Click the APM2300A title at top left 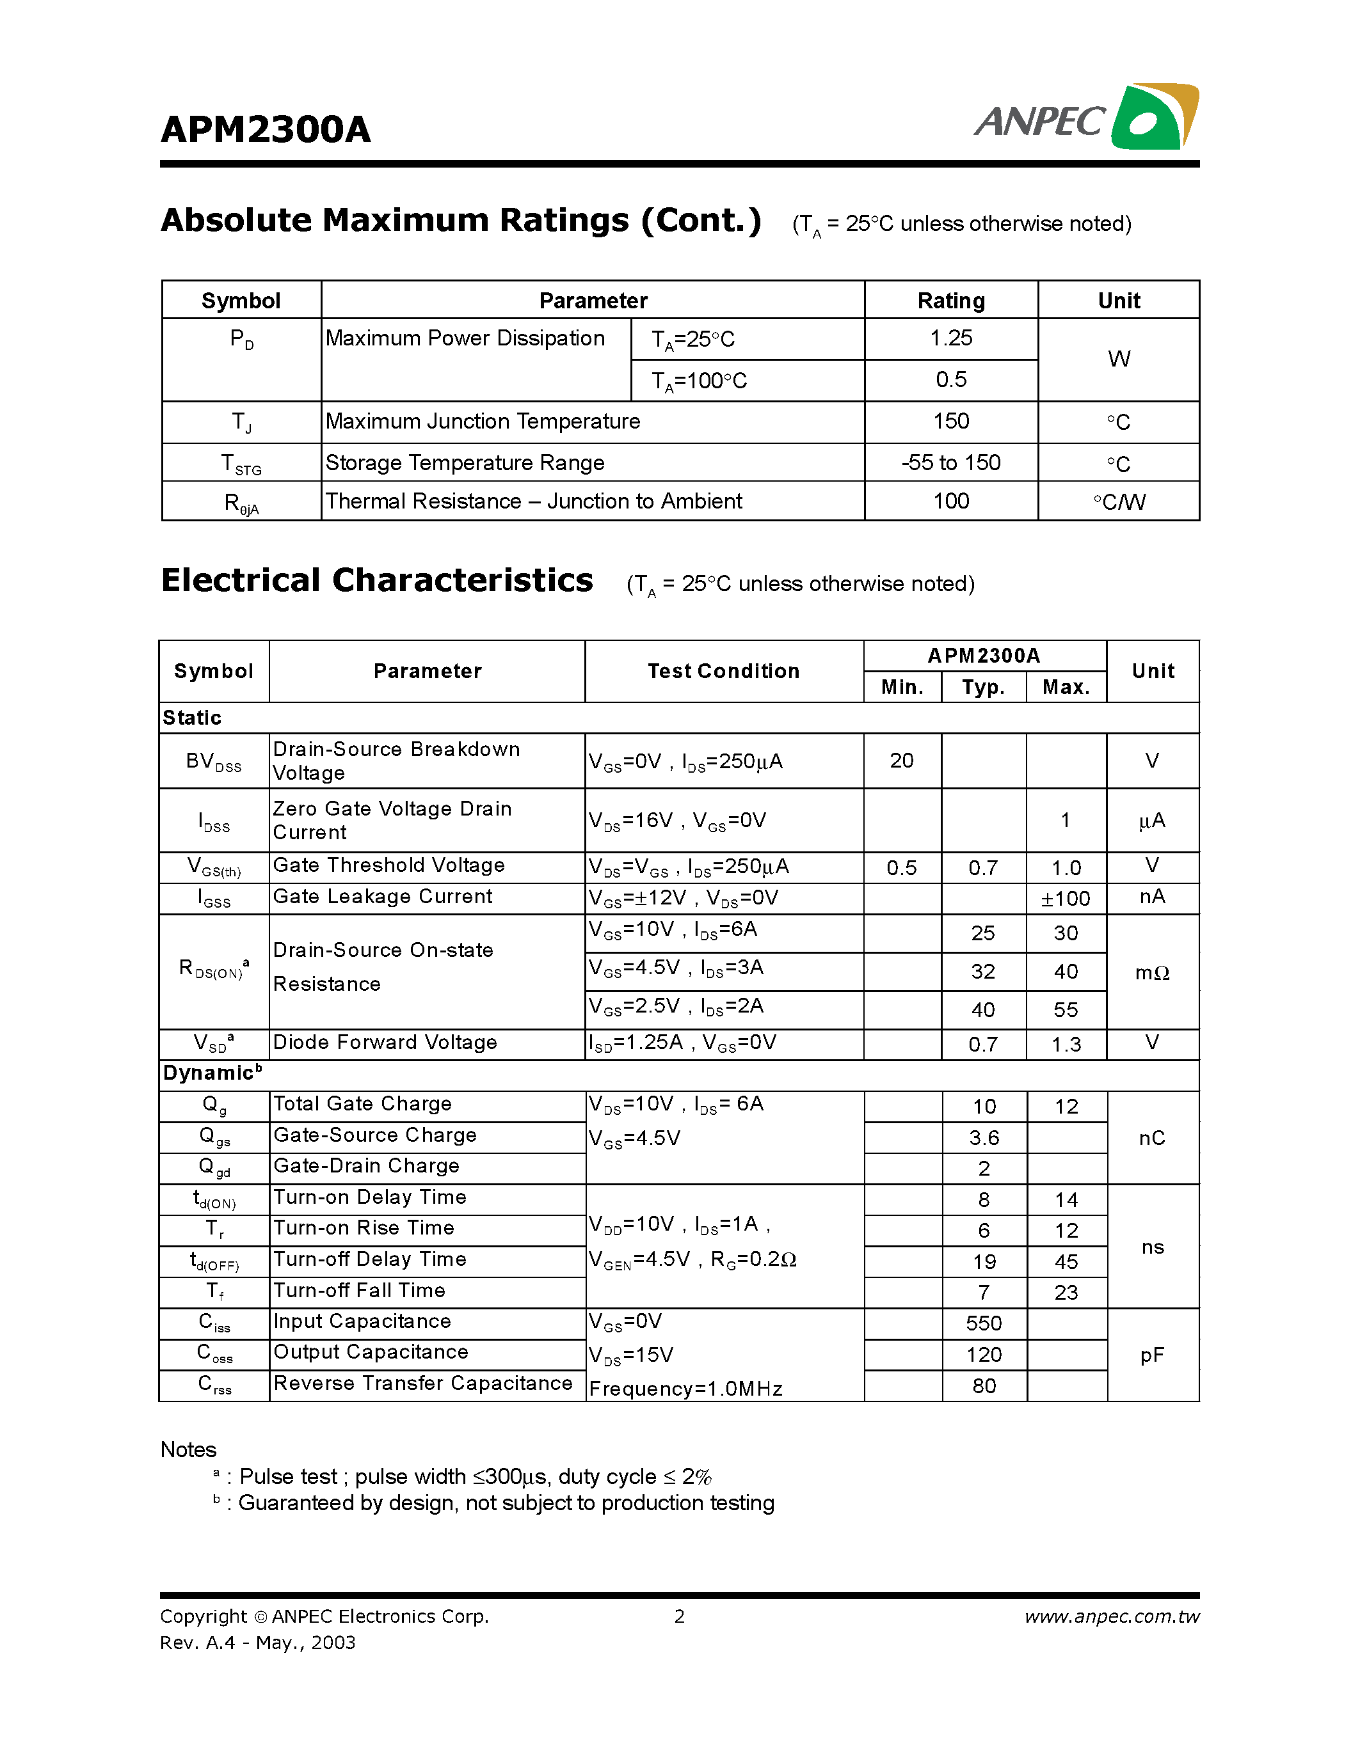click(x=265, y=130)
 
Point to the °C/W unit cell click(x=1118, y=501)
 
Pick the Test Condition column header click(x=723, y=671)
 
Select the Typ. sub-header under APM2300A click(x=983, y=687)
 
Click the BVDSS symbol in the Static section click(x=214, y=762)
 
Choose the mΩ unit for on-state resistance click(x=1152, y=973)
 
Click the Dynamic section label click(x=212, y=1073)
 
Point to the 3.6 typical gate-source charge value click(x=984, y=1138)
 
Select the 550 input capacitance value click(x=984, y=1323)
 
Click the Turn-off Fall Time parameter click(x=359, y=1290)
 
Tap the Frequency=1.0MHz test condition click(x=685, y=1389)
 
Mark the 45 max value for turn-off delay click(x=1066, y=1262)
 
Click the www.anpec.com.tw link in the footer click(x=1112, y=1616)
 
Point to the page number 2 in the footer click(x=679, y=1616)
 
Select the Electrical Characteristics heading click(x=377, y=581)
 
